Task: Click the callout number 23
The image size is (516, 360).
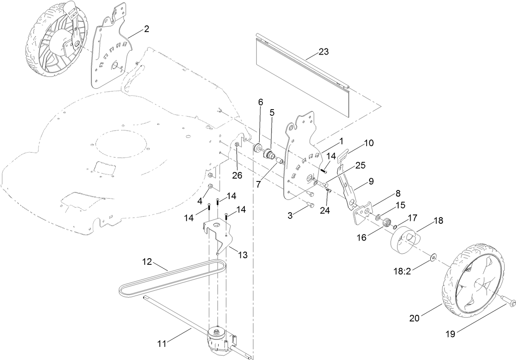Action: tap(324, 52)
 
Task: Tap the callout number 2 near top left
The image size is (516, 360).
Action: tap(146, 29)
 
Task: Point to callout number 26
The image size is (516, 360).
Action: tap(237, 175)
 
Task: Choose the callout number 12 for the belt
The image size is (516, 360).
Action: tap(147, 261)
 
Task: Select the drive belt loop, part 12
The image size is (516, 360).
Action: tap(172, 279)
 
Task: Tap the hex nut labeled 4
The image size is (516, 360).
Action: tap(210, 187)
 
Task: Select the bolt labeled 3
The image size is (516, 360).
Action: tap(311, 205)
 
